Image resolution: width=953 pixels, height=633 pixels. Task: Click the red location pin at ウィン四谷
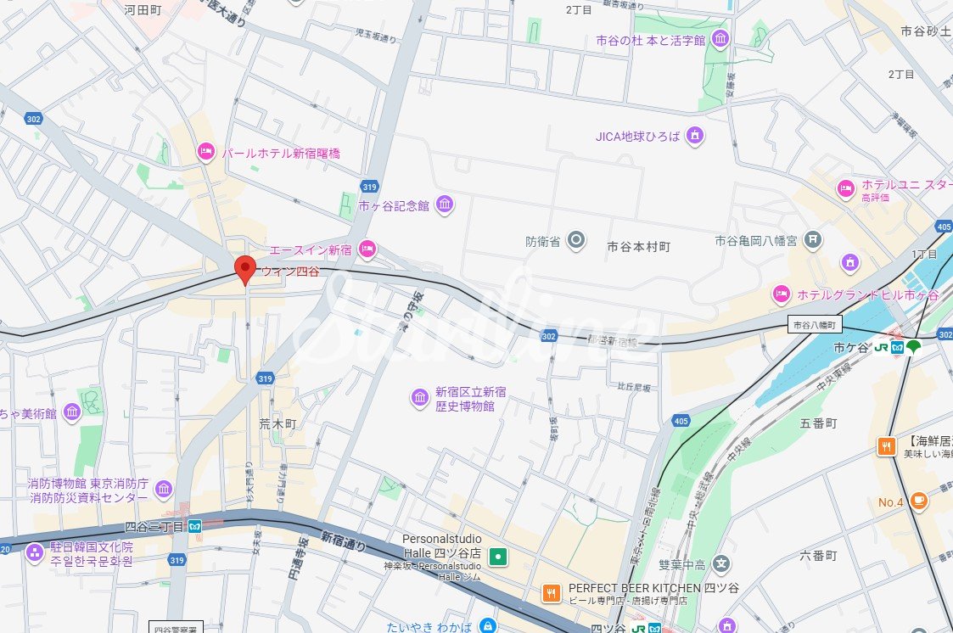(244, 268)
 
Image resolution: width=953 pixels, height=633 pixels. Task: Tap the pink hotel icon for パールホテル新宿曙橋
(205, 153)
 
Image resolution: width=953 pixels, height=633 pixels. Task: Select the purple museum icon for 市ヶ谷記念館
(444, 204)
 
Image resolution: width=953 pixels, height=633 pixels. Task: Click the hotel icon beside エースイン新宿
(367, 249)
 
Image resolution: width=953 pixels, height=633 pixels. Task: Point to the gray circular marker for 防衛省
(576, 241)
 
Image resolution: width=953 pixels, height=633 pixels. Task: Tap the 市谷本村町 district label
(639, 247)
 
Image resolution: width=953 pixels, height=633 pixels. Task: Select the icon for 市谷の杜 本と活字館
(720, 39)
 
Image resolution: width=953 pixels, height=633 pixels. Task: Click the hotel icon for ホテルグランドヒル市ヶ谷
(782, 294)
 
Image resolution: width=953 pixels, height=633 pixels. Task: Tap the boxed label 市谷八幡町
(815, 325)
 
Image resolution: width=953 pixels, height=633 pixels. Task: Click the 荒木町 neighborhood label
(277, 423)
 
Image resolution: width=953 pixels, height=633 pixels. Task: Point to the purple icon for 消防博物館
(163, 489)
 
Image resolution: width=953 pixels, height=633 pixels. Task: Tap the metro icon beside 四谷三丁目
(194, 527)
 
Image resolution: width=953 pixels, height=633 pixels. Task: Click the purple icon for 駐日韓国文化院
(34, 553)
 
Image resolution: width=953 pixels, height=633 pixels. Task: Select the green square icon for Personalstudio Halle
(500, 557)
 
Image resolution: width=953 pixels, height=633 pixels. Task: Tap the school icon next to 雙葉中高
(720, 563)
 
